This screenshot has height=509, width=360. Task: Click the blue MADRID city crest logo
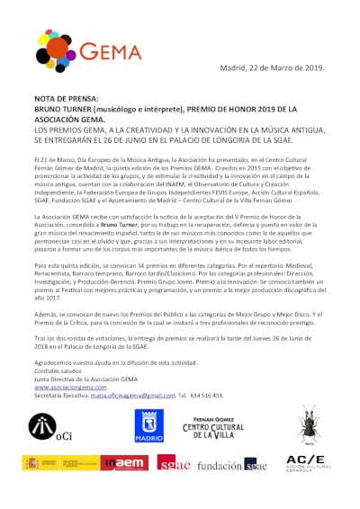coord(149,426)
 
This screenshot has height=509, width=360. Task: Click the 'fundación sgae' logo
coord(230,465)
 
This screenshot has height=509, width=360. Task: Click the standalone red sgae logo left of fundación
coord(173,464)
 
